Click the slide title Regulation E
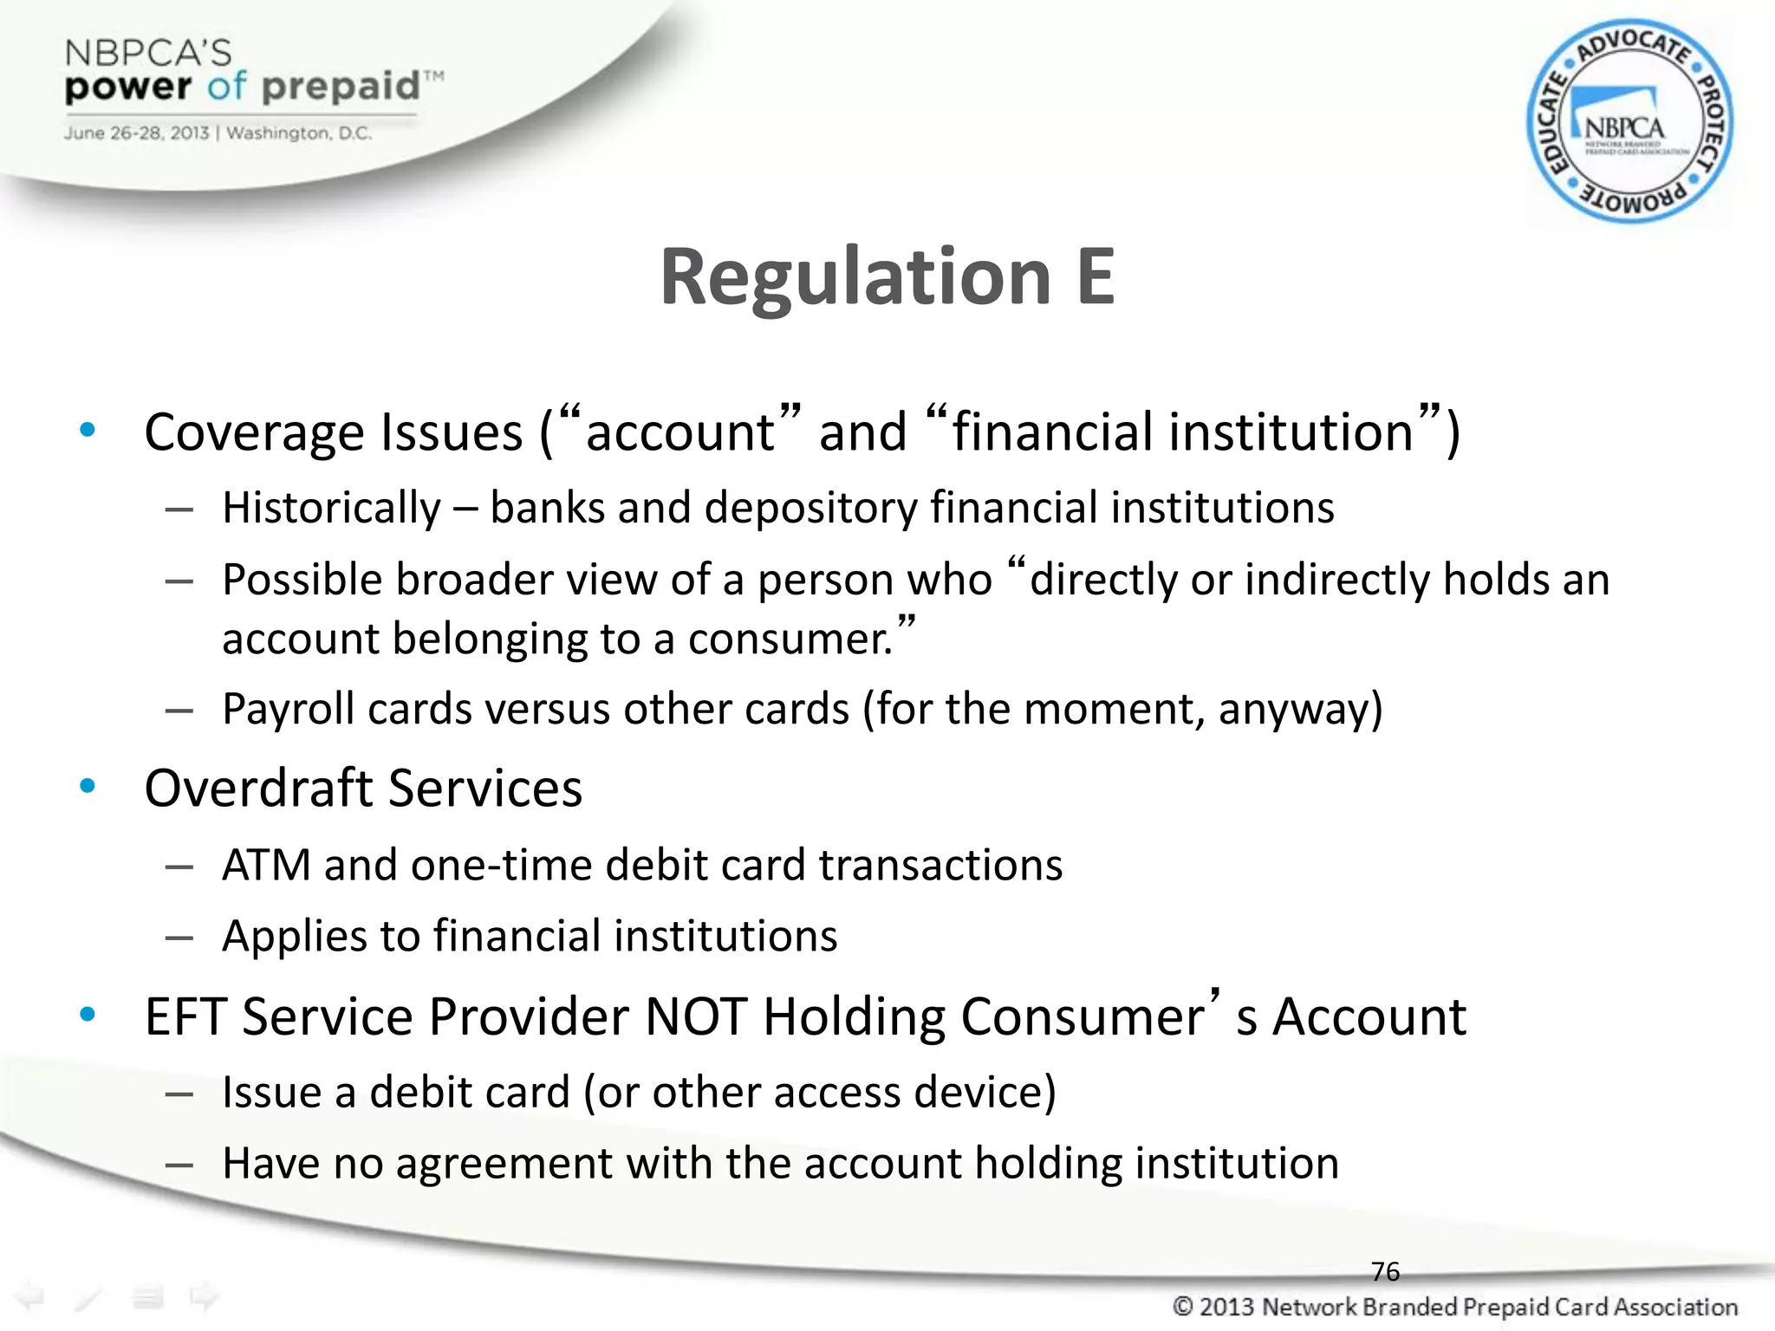[887, 277]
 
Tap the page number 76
[1385, 1271]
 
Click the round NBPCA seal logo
[1629, 121]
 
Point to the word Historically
[332, 509]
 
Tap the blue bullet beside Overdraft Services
[88, 786]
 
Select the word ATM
[266, 865]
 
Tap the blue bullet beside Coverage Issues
[88, 430]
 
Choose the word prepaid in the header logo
[340, 87]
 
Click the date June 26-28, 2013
[136, 133]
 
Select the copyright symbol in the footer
[1182, 1306]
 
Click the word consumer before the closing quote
[789, 640]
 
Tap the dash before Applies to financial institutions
[179, 937]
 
